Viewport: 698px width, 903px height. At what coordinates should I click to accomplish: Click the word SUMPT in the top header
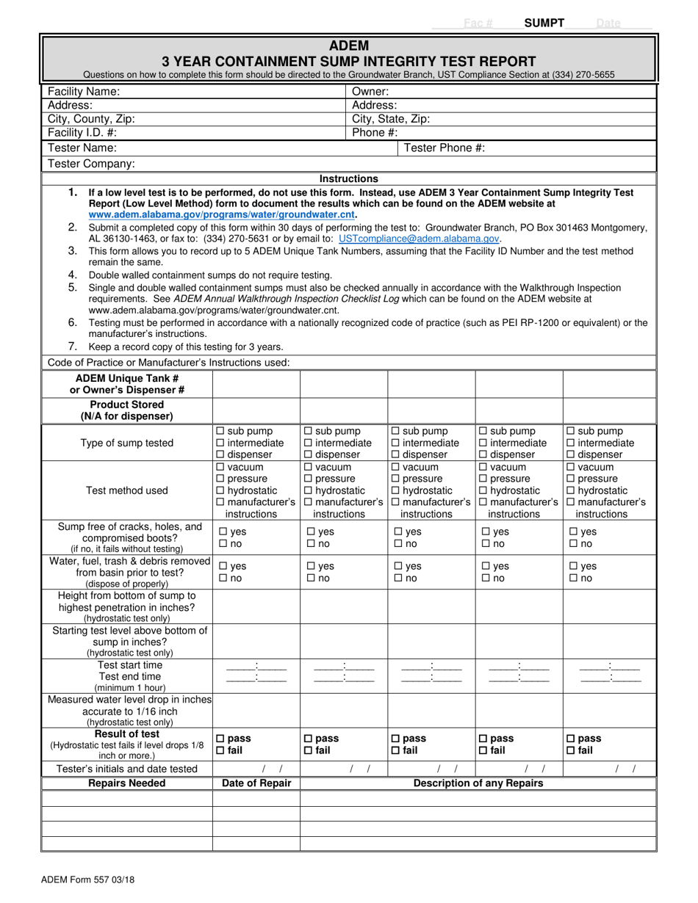pos(544,23)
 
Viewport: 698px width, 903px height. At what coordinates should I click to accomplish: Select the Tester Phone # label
pos(445,148)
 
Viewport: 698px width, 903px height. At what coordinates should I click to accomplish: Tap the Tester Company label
pos(91,164)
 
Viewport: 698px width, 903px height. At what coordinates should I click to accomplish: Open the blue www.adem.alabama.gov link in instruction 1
pos(222,215)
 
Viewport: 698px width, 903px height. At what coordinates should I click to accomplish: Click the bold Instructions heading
pos(349,178)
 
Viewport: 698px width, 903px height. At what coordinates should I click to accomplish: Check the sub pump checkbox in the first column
pos(220,432)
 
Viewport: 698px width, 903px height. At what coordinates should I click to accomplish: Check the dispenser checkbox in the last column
pos(570,454)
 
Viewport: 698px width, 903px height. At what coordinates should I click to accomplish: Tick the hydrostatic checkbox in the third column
pos(395,490)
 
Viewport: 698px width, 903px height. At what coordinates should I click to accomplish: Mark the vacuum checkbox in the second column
pos(308,467)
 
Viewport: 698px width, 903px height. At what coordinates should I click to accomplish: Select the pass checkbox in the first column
pos(220,739)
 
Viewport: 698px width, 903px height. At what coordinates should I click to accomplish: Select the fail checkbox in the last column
pos(570,750)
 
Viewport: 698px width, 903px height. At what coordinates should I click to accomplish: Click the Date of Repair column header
pos(256,783)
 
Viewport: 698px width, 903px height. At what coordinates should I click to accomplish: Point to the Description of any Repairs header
pos(478,783)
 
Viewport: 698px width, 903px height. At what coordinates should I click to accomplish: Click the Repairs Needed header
pos(127,783)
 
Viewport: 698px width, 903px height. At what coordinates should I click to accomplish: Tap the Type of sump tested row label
pos(127,443)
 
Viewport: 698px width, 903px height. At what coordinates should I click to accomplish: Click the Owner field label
pos(371,92)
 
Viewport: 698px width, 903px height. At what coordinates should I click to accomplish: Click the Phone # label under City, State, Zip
pos(375,133)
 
